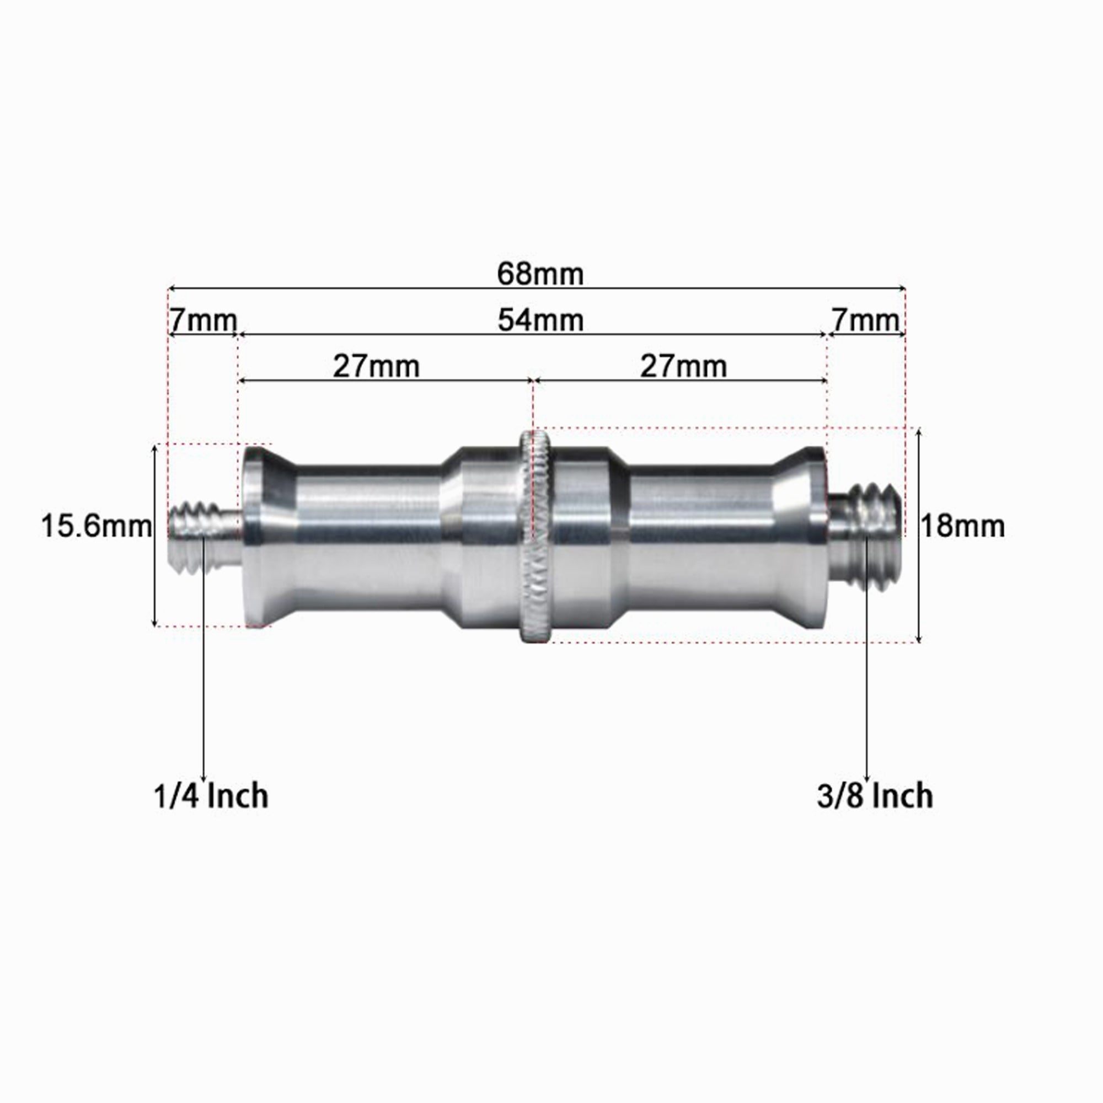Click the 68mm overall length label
[540, 274]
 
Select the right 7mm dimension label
[865, 320]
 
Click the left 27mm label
[376, 366]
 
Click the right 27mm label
[683, 366]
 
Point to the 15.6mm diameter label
[96, 526]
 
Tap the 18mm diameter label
[963, 526]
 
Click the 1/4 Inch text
[211, 796]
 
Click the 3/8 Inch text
[875, 796]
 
